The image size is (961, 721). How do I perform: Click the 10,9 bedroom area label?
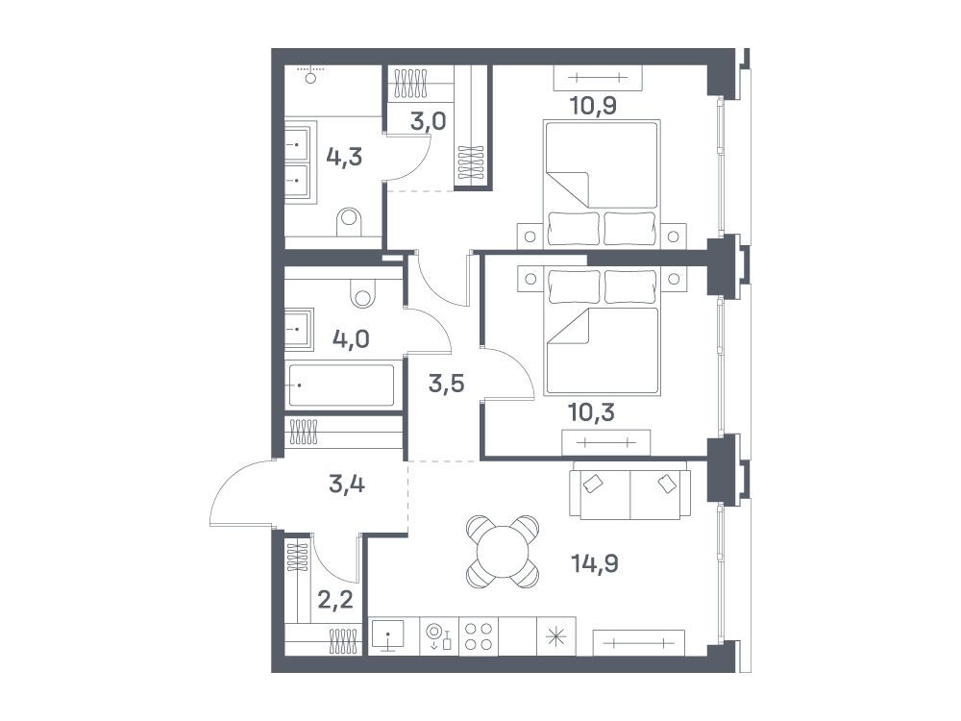(x=593, y=106)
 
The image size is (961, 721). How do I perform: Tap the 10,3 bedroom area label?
(x=591, y=412)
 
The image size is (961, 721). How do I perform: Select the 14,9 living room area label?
(x=595, y=562)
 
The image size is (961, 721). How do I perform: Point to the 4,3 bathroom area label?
(x=344, y=157)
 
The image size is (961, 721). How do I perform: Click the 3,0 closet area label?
(x=428, y=121)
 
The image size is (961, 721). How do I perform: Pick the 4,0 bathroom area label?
(x=351, y=338)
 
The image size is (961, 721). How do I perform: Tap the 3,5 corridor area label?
(x=446, y=384)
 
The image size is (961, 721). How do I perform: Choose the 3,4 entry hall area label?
(x=347, y=485)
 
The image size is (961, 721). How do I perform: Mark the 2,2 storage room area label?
(x=335, y=599)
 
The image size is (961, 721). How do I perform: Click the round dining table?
(x=503, y=552)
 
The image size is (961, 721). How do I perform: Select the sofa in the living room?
(x=630, y=490)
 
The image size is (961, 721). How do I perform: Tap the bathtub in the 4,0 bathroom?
(x=341, y=385)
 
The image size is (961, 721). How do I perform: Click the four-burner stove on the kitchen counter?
(x=479, y=635)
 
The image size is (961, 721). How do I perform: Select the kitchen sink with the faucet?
(x=388, y=635)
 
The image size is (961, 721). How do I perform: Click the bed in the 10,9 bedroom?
(x=602, y=185)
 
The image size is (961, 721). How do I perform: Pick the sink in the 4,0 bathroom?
(x=299, y=329)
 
